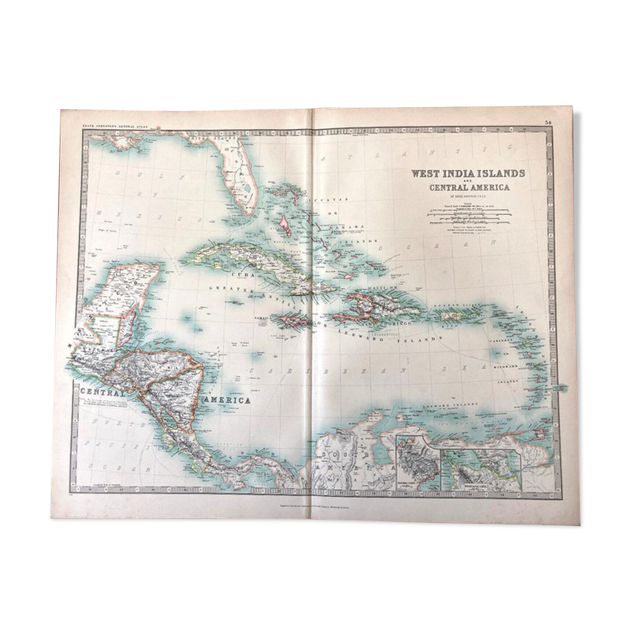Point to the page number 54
point(548,123)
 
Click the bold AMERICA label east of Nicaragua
point(229,400)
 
